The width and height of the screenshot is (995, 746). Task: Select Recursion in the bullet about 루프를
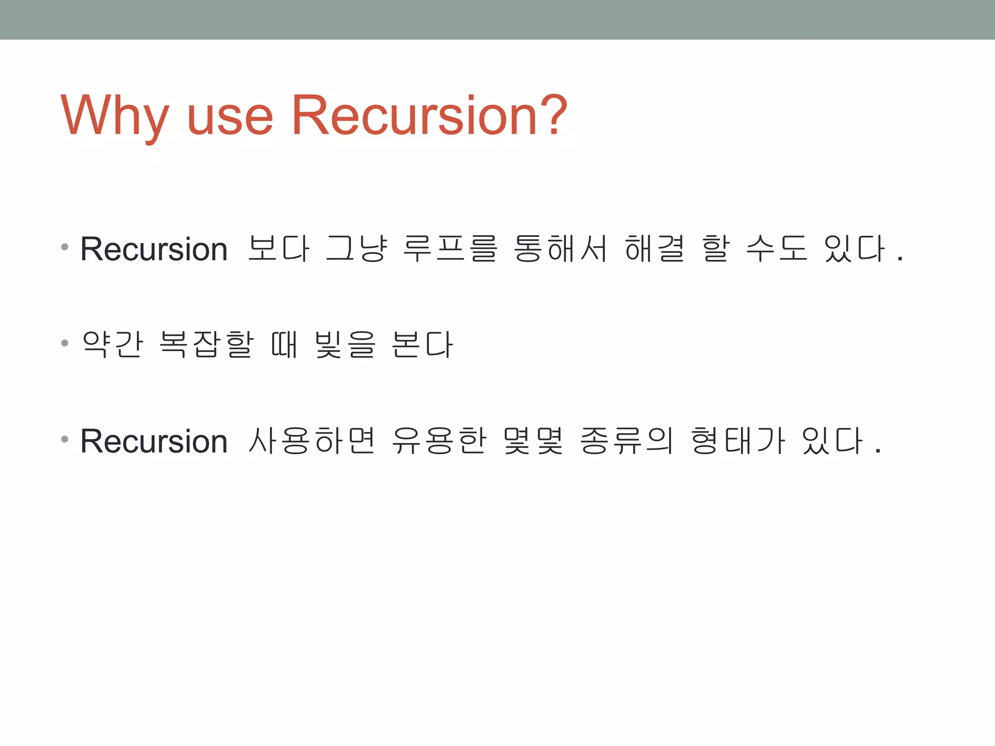point(154,249)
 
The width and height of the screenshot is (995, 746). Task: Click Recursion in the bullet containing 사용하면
point(154,441)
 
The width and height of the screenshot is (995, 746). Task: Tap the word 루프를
point(450,248)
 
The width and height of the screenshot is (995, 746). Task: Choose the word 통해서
point(560,248)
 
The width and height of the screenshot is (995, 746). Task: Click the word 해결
point(654,248)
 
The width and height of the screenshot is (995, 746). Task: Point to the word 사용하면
point(311,441)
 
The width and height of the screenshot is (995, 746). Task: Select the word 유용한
point(439,441)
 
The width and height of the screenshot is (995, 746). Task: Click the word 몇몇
point(533,441)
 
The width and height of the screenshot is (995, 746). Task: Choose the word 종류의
point(627,441)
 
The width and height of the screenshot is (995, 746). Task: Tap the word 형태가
point(738,441)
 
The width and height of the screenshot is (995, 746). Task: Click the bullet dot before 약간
point(65,343)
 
